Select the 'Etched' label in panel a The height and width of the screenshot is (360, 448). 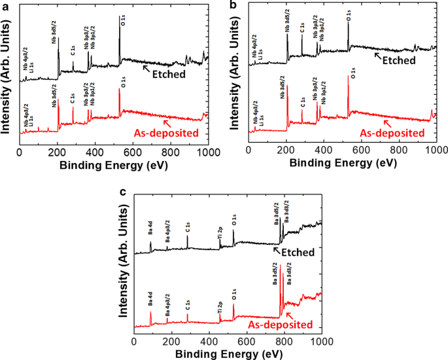(x=169, y=74)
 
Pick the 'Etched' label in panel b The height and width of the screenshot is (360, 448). (x=399, y=60)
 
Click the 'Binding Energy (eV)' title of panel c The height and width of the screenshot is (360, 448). (x=228, y=353)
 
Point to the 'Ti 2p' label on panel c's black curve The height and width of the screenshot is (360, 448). (x=220, y=232)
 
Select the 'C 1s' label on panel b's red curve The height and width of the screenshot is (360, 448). (x=302, y=101)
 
